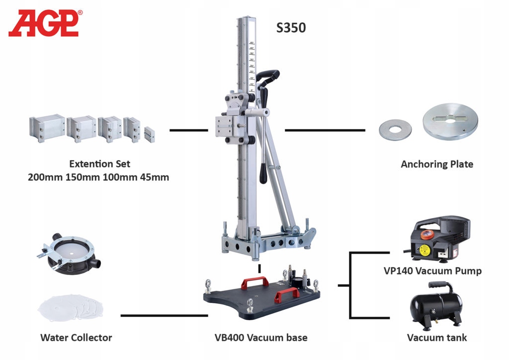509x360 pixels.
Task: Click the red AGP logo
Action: tap(44, 23)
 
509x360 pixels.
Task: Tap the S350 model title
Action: tap(291, 28)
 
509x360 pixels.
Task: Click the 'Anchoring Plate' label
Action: tap(437, 164)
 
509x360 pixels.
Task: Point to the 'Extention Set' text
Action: tap(100, 164)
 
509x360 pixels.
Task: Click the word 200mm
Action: tap(45, 177)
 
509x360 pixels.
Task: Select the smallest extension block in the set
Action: tap(151, 134)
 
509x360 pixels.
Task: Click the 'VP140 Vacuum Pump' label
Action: tap(432, 271)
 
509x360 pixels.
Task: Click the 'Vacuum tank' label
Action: tap(437, 338)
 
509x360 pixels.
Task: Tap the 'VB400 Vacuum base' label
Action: tap(261, 338)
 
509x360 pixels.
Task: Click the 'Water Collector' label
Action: tap(76, 338)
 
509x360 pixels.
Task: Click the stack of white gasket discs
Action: tap(72, 308)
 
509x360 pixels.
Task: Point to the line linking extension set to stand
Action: tap(188, 130)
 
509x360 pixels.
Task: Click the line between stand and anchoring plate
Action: tap(325, 130)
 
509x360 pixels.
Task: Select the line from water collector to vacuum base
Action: tap(164, 315)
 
